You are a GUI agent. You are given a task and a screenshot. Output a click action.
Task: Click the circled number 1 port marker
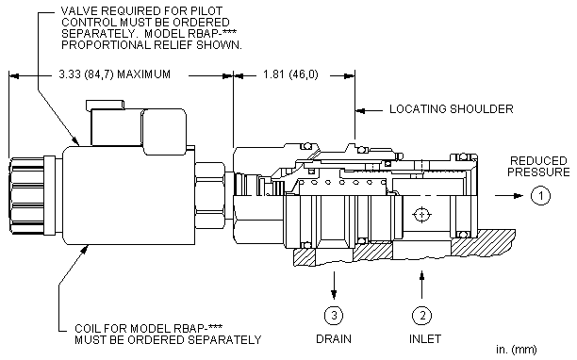pyautogui.click(x=540, y=195)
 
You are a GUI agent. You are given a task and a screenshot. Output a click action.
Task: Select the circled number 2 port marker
pyautogui.click(x=421, y=315)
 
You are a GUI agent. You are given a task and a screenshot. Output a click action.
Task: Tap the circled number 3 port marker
pyautogui.click(x=334, y=315)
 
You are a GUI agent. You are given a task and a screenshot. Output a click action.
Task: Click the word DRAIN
pyautogui.click(x=334, y=338)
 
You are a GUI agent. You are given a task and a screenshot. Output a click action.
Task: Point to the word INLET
pyautogui.click(x=425, y=338)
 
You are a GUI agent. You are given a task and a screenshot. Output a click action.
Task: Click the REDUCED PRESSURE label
pyautogui.click(x=538, y=166)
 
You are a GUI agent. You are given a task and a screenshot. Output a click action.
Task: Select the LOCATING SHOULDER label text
pyautogui.click(x=452, y=108)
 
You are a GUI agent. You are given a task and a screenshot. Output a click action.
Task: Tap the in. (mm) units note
pyautogui.click(x=517, y=350)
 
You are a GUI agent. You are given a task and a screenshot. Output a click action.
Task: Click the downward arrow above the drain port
pyautogui.click(x=334, y=285)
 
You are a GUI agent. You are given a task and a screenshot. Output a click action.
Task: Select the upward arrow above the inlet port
pyautogui.click(x=421, y=285)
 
